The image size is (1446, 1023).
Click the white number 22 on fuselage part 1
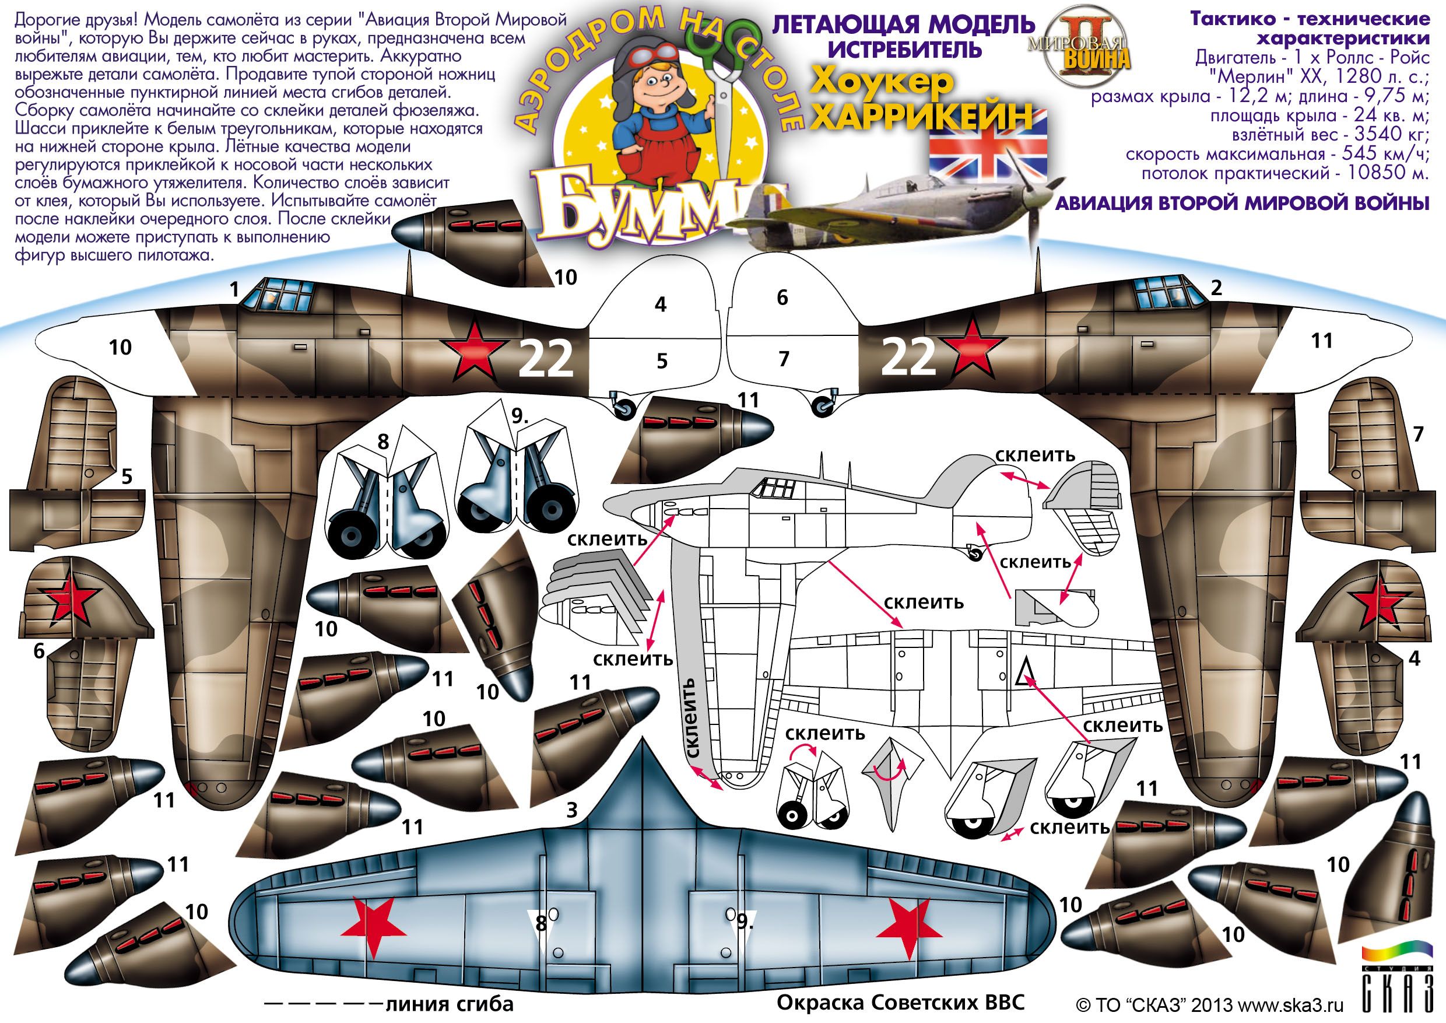click(x=545, y=359)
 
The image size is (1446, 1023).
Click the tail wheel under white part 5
click(x=623, y=405)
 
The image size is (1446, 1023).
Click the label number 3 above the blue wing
click(x=571, y=810)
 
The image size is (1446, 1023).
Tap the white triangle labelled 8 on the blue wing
click(x=540, y=923)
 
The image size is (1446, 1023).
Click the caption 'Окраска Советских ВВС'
click(x=900, y=1001)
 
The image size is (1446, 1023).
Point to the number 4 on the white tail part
click(x=660, y=305)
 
